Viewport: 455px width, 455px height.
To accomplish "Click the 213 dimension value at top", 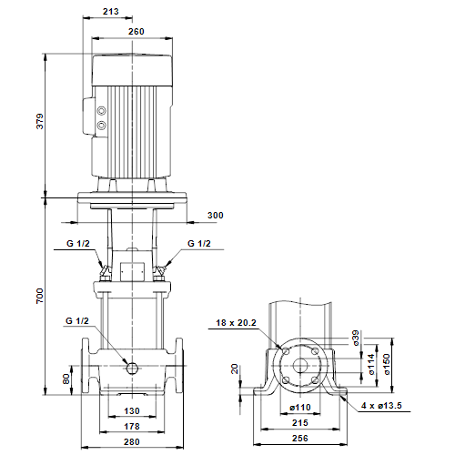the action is [x=111, y=12].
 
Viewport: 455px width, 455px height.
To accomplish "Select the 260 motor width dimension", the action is [x=136, y=32].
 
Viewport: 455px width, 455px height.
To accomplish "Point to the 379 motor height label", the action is [x=40, y=121].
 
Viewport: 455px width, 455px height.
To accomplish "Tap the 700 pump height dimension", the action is [x=40, y=296].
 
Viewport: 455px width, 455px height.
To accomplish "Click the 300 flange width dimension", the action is [x=216, y=216].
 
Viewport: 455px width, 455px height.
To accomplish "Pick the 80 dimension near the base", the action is [x=66, y=379].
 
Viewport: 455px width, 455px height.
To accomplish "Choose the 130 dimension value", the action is [x=132, y=411].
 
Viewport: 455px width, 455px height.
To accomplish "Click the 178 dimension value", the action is [x=132, y=427].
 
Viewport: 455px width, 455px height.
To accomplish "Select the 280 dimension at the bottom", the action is [x=132, y=442].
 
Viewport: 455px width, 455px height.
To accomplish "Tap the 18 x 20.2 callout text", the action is [x=236, y=323].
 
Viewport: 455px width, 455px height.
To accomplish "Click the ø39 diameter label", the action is [x=356, y=338].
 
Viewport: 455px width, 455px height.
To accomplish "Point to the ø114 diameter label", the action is [x=371, y=364].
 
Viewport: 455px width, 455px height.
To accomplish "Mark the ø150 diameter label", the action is [x=387, y=364].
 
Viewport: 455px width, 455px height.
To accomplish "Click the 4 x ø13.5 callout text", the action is [x=381, y=406].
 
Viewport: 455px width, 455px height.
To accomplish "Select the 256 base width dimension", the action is [x=300, y=439].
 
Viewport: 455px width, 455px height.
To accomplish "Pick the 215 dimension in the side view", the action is [x=300, y=423].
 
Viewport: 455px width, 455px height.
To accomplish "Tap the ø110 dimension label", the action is [x=300, y=408].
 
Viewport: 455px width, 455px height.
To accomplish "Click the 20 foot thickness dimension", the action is [x=235, y=369].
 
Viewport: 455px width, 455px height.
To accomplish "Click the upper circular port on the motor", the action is [x=102, y=111].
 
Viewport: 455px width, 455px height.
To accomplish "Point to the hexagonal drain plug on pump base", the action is [x=132, y=368].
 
